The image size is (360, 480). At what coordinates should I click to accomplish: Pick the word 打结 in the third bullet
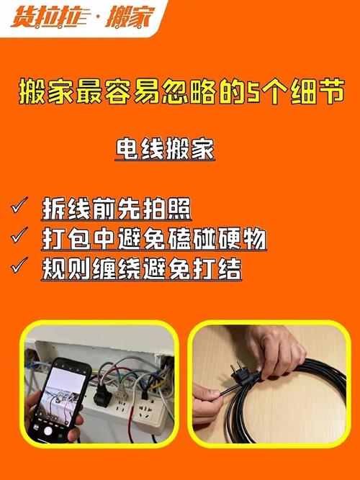coord(220,268)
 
